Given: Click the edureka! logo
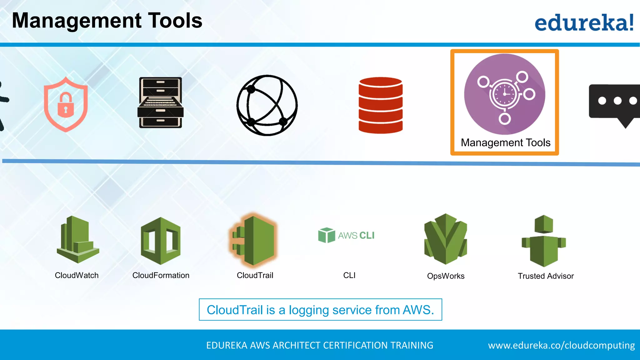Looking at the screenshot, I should [x=584, y=22].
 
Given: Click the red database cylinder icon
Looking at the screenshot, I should [x=380, y=105].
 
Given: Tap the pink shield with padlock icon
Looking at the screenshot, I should [x=66, y=104].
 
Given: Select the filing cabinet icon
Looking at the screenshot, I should [x=160, y=102].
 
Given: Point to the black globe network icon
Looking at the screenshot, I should [x=267, y=105].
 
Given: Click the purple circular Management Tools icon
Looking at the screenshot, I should [x=504, y=94].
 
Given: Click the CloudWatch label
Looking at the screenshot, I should [x=77, y=275].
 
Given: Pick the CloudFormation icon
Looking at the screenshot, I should [x=161, y=241].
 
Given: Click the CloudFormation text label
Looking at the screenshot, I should [x=161, y=275].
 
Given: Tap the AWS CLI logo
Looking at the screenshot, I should [x=346, y=235].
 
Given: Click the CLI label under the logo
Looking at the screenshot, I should [x=349, y=275].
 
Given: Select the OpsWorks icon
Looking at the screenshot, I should [x=445, y=239].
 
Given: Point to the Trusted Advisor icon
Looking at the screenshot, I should [x=544, y=241].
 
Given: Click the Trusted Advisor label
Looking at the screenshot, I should [x=546, y=276].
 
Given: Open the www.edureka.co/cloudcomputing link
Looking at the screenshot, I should [x=561, y=345].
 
